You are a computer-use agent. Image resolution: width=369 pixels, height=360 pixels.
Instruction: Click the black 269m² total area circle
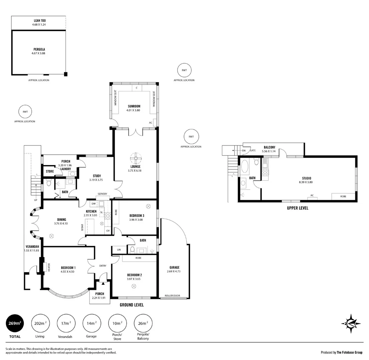tap(15, 323)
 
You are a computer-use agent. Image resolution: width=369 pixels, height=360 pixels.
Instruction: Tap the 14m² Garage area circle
tap(92, 323)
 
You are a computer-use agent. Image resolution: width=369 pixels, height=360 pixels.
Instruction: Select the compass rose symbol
tap(351, 324)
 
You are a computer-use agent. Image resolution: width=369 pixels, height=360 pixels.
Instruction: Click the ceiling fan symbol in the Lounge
tap(136, 158)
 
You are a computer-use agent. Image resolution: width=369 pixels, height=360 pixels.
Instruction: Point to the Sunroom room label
tap(134, 106)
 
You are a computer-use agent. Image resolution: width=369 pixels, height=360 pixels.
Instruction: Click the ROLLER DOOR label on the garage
tap(172, 296)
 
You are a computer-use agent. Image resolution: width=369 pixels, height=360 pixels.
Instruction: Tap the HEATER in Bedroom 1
tap(45, 267)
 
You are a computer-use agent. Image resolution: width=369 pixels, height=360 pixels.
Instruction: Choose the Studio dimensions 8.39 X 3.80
tap(306, 182)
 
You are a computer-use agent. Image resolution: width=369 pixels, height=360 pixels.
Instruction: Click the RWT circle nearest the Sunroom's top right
tap(184, 70)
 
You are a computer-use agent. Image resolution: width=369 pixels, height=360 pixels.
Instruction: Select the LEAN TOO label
tap(40, 20)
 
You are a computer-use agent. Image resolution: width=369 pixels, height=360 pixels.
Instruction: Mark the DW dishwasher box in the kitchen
tap(94, 204)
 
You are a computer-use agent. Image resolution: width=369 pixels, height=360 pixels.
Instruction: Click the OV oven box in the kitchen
tap(108, 231)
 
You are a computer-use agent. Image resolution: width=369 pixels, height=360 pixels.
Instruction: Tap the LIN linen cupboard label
tap(119, 250)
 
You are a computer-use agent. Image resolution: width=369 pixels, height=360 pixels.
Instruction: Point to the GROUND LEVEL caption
tap(132, 305)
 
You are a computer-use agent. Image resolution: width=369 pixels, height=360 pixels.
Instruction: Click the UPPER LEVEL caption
tap(297, 208)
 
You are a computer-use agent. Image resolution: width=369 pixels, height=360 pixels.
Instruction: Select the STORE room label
tap(50, 171)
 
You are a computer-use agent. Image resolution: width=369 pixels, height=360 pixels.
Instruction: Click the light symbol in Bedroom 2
tap(134, 286)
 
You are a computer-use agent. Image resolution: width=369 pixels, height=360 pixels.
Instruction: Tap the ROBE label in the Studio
tap(343, 196)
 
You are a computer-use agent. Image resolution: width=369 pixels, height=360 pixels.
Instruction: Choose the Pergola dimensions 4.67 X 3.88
tap(38, 53)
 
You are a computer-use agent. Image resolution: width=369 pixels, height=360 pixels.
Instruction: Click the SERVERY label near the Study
tap(102, 194)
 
